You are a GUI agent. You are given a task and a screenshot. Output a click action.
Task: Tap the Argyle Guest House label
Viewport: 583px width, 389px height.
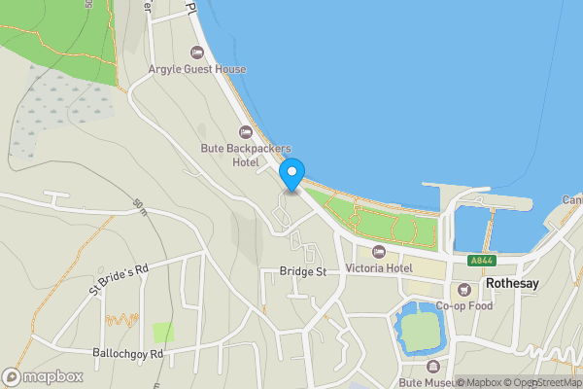196,70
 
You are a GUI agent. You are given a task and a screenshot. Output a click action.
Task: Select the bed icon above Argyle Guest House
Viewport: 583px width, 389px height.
196,52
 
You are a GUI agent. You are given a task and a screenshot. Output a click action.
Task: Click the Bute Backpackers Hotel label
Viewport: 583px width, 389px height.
246,155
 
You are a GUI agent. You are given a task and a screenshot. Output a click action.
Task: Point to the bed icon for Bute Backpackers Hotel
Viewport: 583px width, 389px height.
246,130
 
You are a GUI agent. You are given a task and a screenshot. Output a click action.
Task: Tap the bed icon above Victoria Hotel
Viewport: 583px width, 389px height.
379,251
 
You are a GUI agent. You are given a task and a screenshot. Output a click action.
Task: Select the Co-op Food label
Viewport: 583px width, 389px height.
464,305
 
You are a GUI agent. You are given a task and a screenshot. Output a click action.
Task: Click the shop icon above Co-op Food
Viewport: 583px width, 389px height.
464,288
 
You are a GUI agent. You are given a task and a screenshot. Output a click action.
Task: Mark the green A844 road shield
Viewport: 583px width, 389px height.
480,261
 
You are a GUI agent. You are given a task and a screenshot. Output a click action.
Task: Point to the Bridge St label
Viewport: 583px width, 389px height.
302,271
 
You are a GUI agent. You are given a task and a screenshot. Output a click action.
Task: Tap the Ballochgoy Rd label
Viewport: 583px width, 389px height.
128,353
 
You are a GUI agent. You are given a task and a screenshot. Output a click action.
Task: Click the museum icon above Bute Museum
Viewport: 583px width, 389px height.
433,367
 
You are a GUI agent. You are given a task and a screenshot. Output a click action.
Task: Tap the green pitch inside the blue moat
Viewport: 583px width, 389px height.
420,333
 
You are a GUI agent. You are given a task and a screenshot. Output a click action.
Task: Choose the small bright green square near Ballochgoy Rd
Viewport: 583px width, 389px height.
164,333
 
